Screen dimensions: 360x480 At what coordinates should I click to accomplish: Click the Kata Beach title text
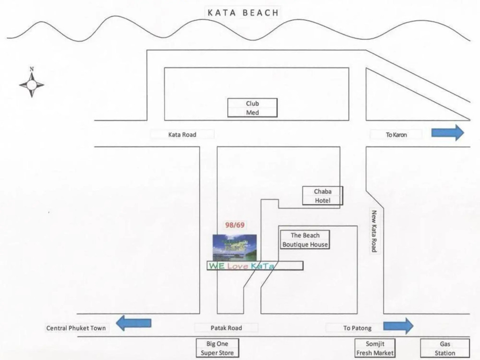pyautogui.click(x=243, y=13)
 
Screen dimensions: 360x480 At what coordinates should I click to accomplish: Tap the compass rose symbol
pyautogui.click(x=31, y=84)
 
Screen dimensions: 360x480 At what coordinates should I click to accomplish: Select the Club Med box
pyautogui.click(x=252, y=108)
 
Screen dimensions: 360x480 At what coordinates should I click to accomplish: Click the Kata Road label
pyautogui.click(x=182, y=135)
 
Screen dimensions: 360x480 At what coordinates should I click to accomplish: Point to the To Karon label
pyautogui.click(x=396, y=135)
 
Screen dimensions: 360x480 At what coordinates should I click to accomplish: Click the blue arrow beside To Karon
pyautogui.click(x=447, y=133)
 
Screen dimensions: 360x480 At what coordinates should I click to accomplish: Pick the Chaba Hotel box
pyautogui.click(x=322, y=196)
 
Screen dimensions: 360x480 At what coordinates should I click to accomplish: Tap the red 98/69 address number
pyautogui.click(x=235, y=225)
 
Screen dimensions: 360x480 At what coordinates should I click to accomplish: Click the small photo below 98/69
pyautogui.click(x=235, y=247)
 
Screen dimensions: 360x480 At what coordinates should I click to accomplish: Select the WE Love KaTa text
pyautogui.click(x=241, y=266)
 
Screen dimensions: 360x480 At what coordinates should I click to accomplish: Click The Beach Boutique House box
pyautogui.click(x=305, y=240)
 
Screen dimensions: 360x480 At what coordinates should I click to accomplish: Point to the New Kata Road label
pyautogui.click(x=374, y=231)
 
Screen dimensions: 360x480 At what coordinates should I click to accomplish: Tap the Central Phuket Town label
pyautogui.click(x=76, y=328)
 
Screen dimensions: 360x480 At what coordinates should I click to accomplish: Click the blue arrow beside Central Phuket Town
pyautogui.click(x=134, y=323)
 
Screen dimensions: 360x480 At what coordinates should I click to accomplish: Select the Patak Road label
pyautogui.click(x=226, y=328)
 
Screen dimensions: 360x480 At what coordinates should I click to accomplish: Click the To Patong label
pyautogui.click(x=357, y=328)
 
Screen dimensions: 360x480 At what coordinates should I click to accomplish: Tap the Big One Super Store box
pyautogui.click(x=217, y=348)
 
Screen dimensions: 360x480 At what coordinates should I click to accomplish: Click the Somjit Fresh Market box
pyautogui.click(x=374, y=348)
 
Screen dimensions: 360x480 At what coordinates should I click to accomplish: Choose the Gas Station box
pyautogui.click(x=445, y=348)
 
